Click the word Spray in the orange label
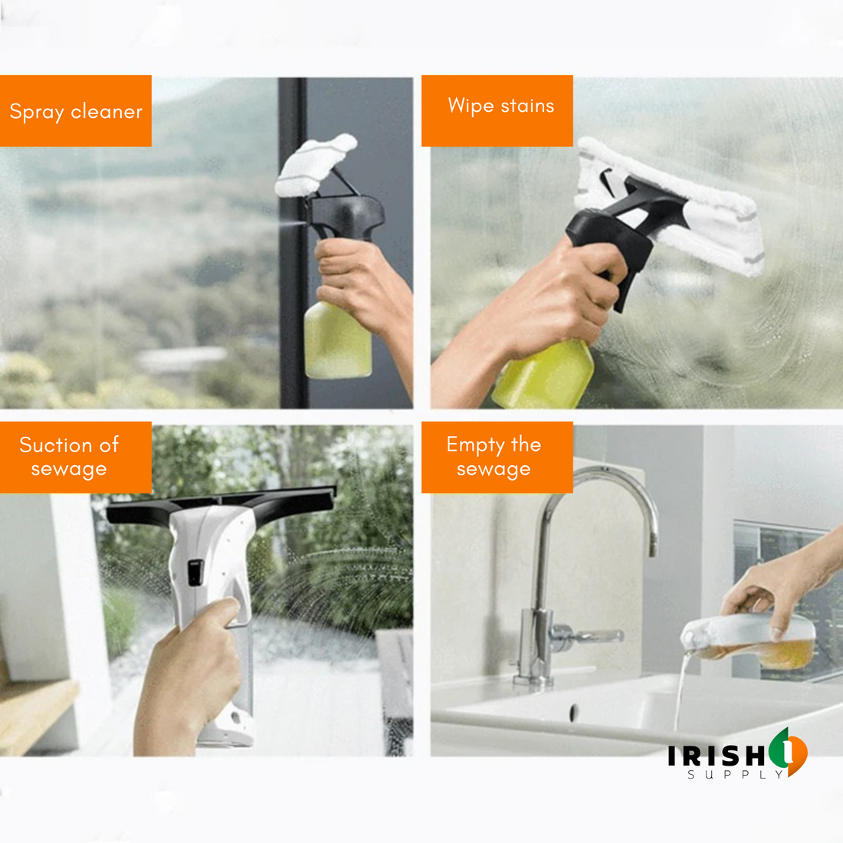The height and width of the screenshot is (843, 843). coord(37,112)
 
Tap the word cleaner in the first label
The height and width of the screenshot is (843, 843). coord(107,111)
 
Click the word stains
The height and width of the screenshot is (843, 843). coord(527,106)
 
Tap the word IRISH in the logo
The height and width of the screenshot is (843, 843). coord(716,756)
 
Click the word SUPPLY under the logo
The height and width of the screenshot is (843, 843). coord(736,775)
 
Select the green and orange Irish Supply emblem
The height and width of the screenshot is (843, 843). coord(788,750)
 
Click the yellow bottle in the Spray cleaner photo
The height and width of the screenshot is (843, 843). coord(337,341)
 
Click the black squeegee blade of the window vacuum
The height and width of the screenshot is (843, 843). coord(221,504)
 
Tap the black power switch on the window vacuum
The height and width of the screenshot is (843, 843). coord(195,572)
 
